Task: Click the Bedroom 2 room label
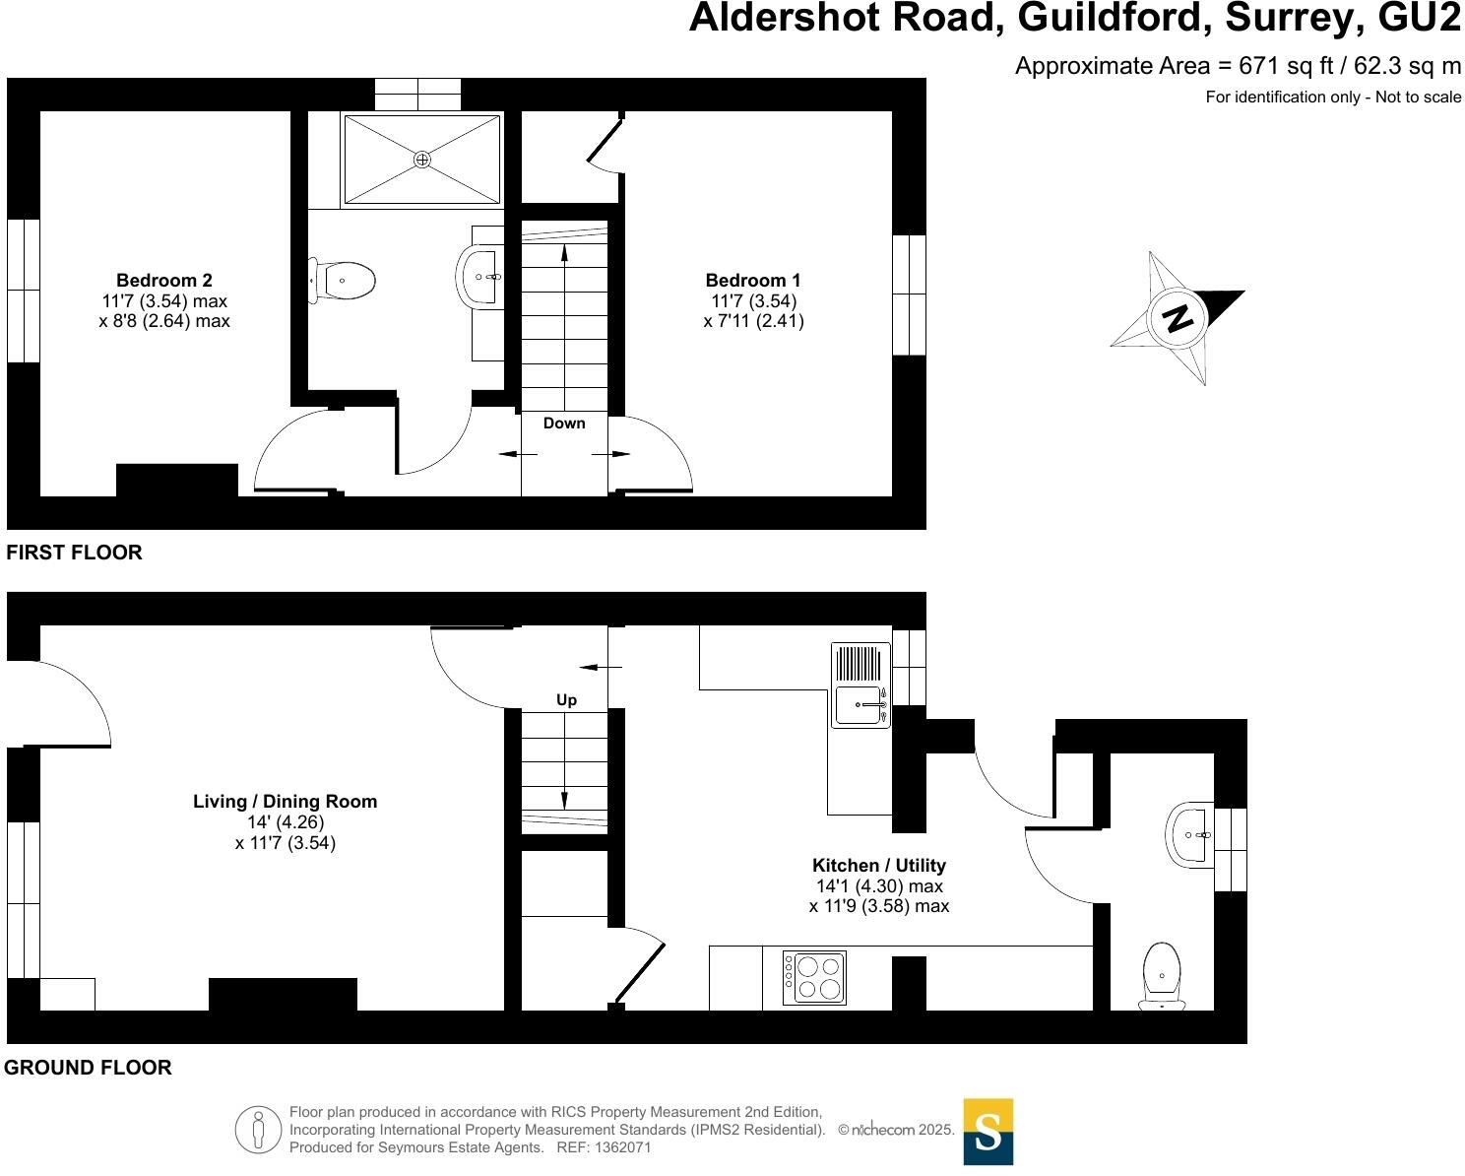(164, 280)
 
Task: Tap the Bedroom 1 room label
(753, 280)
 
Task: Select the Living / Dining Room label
(286, 801)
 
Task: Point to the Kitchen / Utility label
(879, 865)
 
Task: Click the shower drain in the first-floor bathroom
(422, 160)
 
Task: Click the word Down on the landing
(564, 423)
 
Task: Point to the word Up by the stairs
(566, 700)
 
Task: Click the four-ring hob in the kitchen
(814, 977)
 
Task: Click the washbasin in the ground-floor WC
(1189, 835)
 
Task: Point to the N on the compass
(1178, 318)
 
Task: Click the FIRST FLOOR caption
(74, 553)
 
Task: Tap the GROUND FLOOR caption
(88, 1067)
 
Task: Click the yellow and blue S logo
(987, 1132)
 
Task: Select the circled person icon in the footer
(258, 1130)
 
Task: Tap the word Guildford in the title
(1115, 18)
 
